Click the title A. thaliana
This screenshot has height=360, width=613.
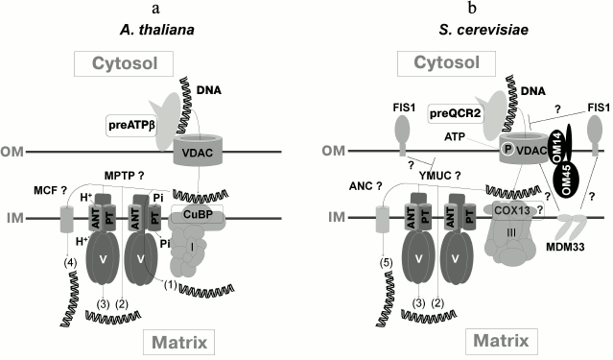(x=153, y=29)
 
